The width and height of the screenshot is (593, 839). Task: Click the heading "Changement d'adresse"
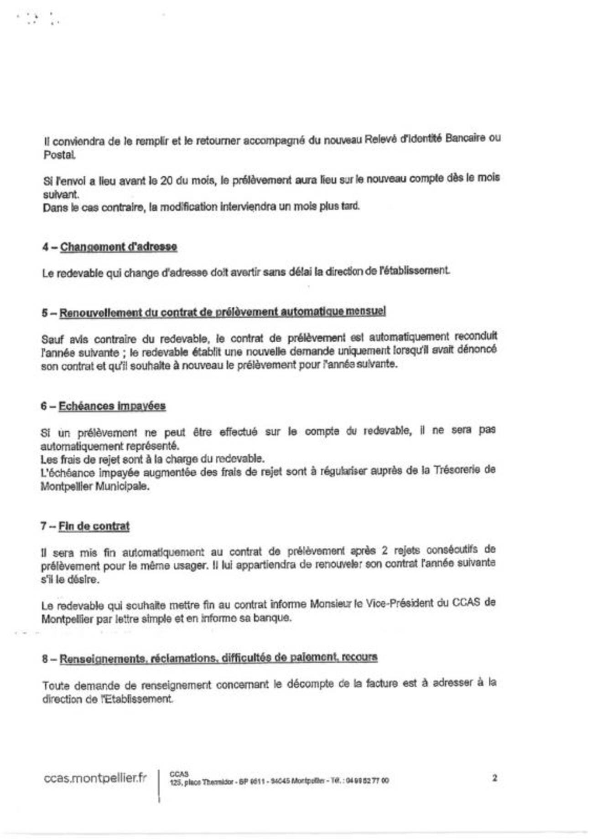[119, 247]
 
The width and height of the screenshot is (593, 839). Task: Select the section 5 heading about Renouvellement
[222, 312]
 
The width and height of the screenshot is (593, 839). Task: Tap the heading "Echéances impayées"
[112, 406]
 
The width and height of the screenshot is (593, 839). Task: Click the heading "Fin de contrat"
[94, 526]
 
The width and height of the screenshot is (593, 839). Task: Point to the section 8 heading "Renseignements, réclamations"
[218, 658]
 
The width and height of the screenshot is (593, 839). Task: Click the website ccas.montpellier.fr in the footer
[95, 778]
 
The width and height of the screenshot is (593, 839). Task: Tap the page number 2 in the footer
[494, 778]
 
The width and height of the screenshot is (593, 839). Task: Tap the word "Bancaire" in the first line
[465, 138]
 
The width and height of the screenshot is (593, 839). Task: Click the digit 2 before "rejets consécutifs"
[385, 551]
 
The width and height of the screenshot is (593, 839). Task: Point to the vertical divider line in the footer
[159, 785]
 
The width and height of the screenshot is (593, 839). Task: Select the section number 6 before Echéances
[44, 406]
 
